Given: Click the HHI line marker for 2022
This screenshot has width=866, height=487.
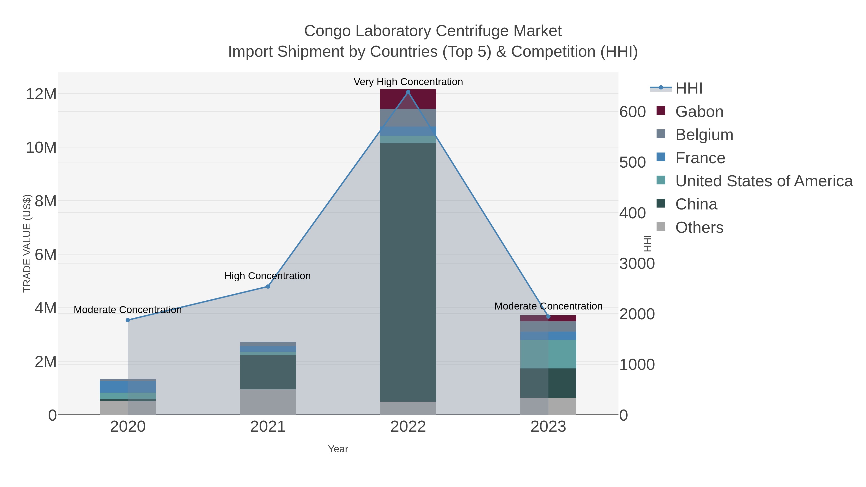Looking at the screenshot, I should click(x=408, y=92).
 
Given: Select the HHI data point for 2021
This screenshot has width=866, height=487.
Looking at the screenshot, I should click(x=268, y=286).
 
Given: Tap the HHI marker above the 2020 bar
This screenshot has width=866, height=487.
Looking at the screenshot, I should click(x=128, y=320).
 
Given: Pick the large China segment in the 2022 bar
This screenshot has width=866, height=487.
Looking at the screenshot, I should click(x=408, y=272).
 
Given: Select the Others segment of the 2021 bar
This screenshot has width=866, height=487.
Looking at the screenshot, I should click(x=268, y=402).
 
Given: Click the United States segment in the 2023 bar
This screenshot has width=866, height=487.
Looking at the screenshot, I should click(x=548, y=354).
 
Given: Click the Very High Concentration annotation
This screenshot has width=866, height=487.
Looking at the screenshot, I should click(x=408, y=82).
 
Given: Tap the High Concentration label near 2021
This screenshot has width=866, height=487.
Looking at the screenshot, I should click(x=267, y=276).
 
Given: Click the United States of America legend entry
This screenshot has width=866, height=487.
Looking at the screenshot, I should click(x=764, y=181).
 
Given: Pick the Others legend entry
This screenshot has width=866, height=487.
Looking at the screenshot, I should click(x=699, y=228).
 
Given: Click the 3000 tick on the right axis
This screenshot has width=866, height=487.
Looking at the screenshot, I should click(x=637, y=264).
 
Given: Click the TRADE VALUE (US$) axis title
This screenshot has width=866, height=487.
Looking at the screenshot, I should click(x=27, y=243).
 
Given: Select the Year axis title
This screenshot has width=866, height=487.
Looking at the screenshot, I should click(x=338, y=449).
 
